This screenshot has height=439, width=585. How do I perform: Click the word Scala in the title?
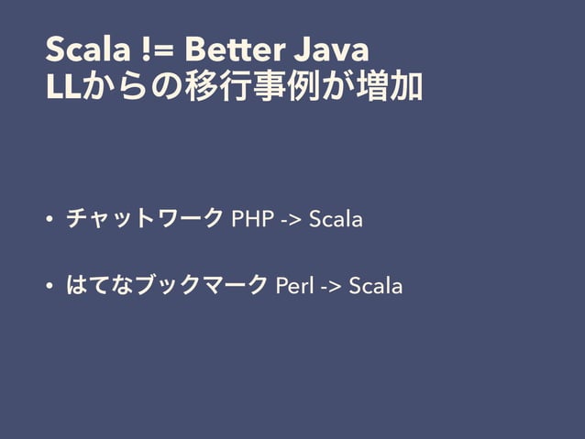[81, 48]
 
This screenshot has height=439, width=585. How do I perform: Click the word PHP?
[251, 220]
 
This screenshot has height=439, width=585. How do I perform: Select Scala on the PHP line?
[336, 220]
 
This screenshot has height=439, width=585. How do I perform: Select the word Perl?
[294, 286]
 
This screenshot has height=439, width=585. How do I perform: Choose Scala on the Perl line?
[376, 286]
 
